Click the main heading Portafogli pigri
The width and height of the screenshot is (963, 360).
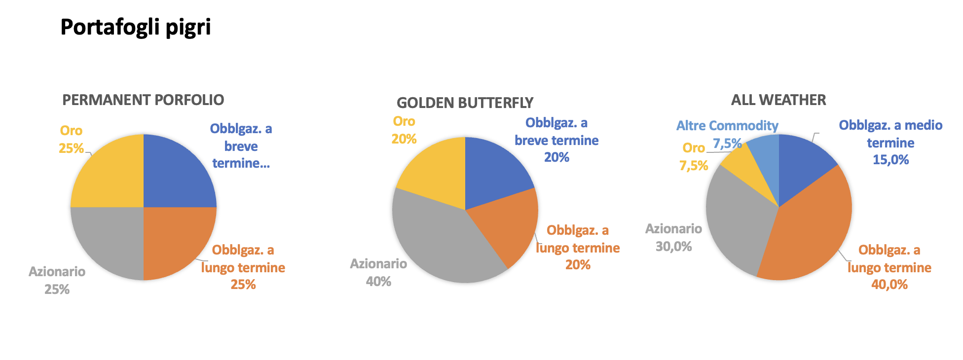coord(136,28)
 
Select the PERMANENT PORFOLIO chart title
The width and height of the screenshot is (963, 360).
coord(143,100)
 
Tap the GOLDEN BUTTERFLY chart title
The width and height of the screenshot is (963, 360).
coord(465,103)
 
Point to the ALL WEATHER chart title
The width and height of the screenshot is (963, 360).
coord(778,100)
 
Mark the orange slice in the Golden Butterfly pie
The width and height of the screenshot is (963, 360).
coord(508,224)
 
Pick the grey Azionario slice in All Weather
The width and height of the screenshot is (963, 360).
coord(735,217)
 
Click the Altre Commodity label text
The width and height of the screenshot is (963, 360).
coord(727,126)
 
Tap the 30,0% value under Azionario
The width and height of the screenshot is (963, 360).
coord(673,246)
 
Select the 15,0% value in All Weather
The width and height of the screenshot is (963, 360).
coord(890,159)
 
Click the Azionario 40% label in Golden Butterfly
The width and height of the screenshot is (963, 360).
coord(378,272)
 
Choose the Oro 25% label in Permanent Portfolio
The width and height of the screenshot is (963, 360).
coord(71,139)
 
